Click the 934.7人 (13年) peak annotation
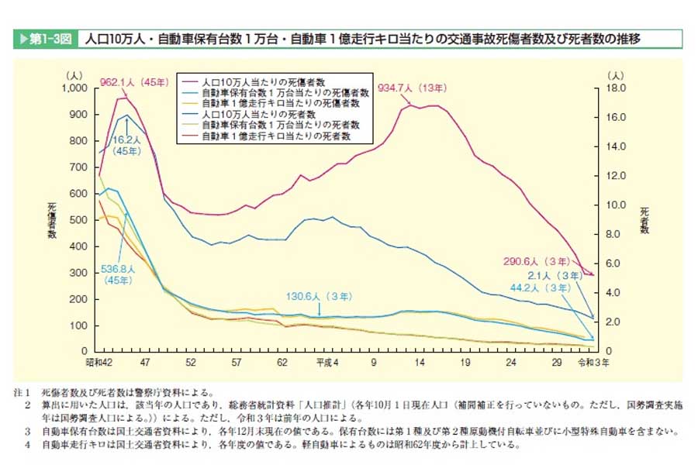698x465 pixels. pos(412,88)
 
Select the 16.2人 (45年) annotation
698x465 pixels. pos(126,145)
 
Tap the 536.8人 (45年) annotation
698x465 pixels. pos(119,274)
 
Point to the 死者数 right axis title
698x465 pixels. pos(643,221)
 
